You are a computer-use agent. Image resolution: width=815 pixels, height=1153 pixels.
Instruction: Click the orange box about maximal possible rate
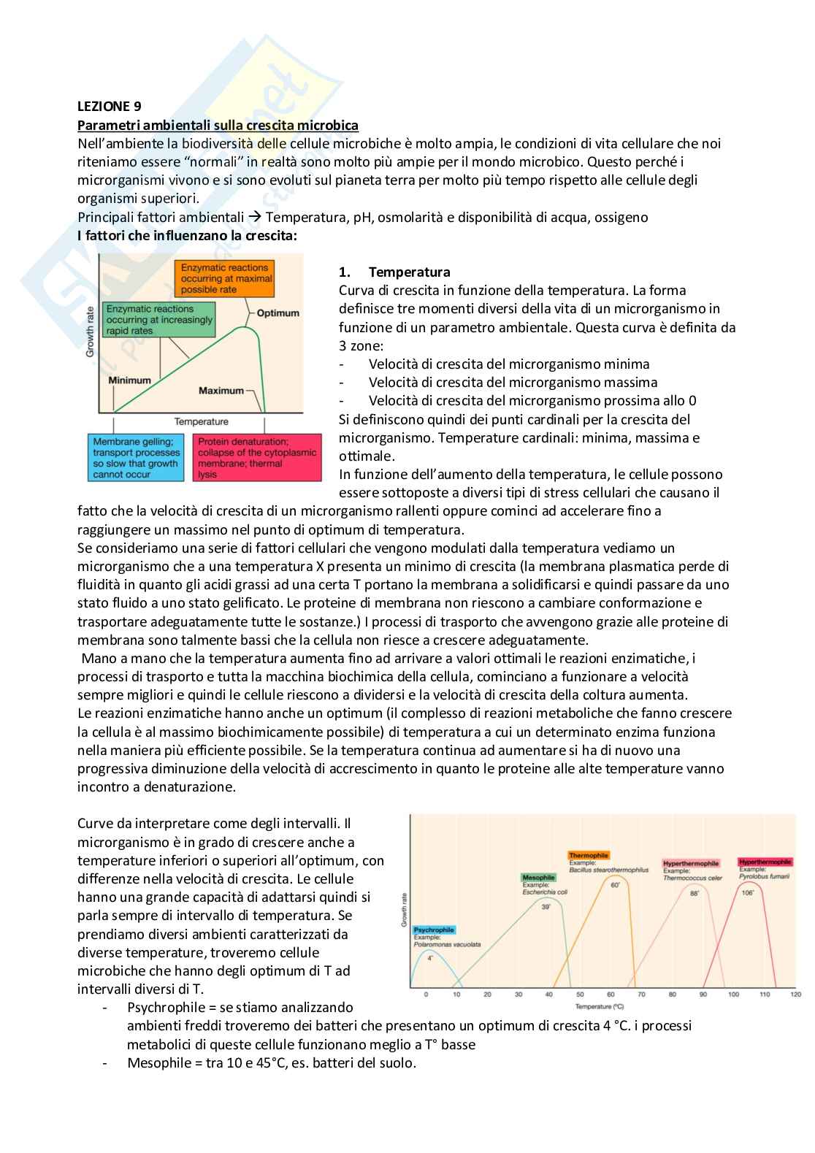tap(226, 278)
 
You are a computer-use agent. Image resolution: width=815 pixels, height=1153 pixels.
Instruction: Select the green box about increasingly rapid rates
tap(159, 320)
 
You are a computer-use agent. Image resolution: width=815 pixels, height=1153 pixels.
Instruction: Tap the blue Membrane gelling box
tap(136, 458)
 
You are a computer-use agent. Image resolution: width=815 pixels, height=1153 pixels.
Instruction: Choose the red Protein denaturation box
tap(257, 458)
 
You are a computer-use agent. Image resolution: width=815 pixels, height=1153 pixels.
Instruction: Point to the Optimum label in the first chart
tap(278, 313)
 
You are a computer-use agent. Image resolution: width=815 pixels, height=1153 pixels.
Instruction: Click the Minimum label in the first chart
tap(129, 380)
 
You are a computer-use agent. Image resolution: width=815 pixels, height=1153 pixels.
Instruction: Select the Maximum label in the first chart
tap(221, 391)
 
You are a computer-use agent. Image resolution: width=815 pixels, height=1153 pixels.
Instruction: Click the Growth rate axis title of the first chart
tap(91, 332)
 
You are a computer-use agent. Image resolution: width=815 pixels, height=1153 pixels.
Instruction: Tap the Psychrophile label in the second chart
tap(434, 930)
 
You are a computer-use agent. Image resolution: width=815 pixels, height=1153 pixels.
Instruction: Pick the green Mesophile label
tap(538, 877)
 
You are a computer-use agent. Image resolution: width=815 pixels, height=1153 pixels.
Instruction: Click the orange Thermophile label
tap(588, 855)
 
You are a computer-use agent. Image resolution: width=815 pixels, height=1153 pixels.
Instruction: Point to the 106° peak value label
tap(748, 892)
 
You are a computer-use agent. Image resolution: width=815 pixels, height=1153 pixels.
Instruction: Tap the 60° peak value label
tap(615, 885)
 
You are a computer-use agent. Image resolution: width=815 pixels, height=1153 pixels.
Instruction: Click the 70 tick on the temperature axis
tap(642, 994)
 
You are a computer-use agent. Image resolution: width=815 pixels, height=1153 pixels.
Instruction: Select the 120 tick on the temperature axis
tap(795, 994)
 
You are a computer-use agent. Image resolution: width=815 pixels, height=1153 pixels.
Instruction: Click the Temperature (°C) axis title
tap(599, 1006)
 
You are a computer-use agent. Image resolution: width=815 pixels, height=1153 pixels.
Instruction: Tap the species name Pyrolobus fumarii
tap(764, 876)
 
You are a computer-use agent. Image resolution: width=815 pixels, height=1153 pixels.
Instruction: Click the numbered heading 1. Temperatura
tap(394, 272)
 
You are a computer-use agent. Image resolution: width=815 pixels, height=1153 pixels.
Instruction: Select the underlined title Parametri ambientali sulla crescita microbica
tap(218, 125)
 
